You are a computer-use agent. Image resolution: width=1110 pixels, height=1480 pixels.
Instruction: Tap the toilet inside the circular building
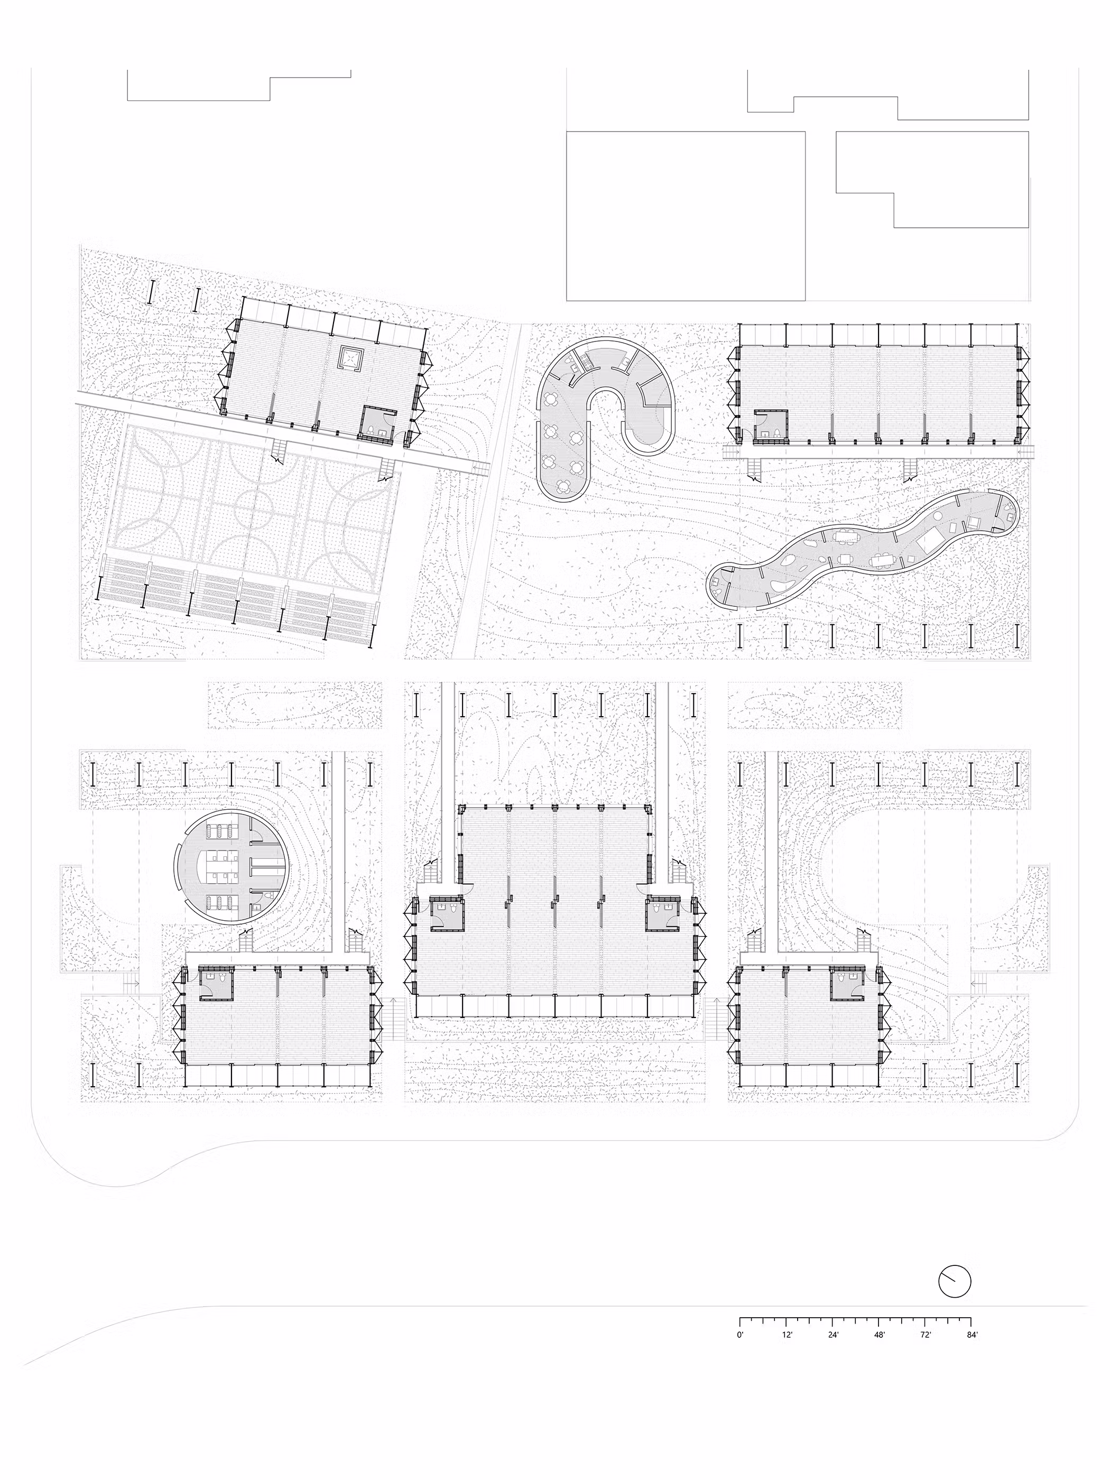[x=267, y=896]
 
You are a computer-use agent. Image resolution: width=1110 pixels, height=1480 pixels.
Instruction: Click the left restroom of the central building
[x=446, y=914]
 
